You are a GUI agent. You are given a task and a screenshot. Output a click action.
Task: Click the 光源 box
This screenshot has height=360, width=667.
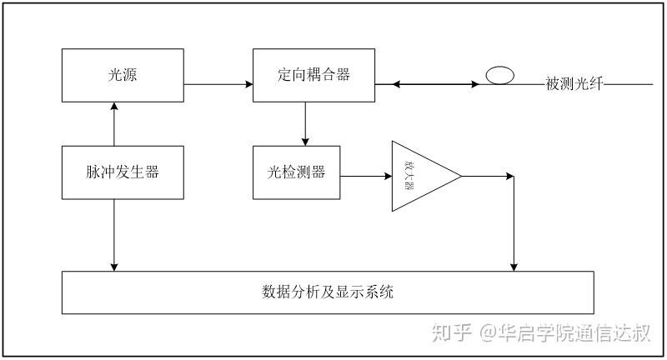tap(123, 76)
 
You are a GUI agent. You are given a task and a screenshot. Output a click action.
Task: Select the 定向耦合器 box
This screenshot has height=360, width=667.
tap(313, 76)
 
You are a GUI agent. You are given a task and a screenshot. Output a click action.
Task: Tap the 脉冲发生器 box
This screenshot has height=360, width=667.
tap(123, 172)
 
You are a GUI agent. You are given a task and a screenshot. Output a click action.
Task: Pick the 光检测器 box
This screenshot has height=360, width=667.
tap(296, 172)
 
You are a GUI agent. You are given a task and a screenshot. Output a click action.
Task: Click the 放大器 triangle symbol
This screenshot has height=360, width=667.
tap(417, 176)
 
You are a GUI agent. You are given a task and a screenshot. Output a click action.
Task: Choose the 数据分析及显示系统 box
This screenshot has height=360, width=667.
tap(328, 292)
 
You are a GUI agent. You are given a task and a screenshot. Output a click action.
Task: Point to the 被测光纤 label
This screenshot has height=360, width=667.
tap(574, 84)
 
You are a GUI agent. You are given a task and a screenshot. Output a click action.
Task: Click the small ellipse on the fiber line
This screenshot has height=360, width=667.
tap(500, 76)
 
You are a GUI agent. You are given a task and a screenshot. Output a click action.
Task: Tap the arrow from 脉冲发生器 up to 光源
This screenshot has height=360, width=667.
tap(114, 124)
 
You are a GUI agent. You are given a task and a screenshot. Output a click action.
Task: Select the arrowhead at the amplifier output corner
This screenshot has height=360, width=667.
tap(510, 176)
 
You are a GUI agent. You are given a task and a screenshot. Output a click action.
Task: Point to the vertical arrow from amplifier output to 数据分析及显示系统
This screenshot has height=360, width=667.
tap(515, 225)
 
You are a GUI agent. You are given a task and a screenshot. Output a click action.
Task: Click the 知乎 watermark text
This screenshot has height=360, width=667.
tap(451, 333)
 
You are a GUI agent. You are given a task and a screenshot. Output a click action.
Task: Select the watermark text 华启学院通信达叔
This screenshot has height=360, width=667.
tap(574, 333)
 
